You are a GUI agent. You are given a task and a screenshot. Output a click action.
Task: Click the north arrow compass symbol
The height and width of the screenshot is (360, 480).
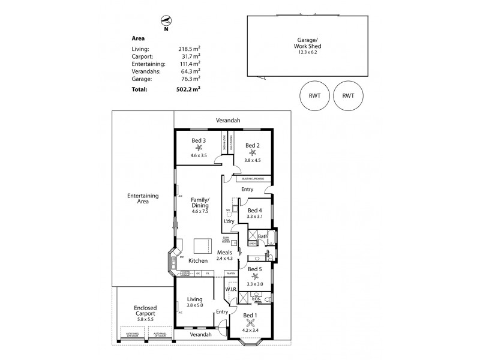[165, 20]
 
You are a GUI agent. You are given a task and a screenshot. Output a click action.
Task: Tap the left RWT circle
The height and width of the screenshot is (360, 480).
[314, 95]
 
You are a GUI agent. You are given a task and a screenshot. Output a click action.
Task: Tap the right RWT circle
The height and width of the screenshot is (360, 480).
[348, 95]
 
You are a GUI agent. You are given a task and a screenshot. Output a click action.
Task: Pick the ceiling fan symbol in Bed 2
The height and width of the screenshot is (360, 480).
[252, 151]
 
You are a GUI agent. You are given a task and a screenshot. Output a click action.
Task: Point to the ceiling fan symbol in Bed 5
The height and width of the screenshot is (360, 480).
[255, 277]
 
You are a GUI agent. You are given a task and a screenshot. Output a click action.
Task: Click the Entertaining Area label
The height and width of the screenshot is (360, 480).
[142, 199]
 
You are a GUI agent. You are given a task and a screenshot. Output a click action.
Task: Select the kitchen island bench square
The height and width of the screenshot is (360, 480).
[202, 247]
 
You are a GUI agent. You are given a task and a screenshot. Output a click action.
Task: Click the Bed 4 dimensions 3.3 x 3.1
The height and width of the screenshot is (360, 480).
[254, 217]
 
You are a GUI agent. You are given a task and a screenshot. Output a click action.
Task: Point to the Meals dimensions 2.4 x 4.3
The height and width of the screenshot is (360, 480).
[225, 259]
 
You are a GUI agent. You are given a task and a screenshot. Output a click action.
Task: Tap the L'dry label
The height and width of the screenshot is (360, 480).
[229, 222]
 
